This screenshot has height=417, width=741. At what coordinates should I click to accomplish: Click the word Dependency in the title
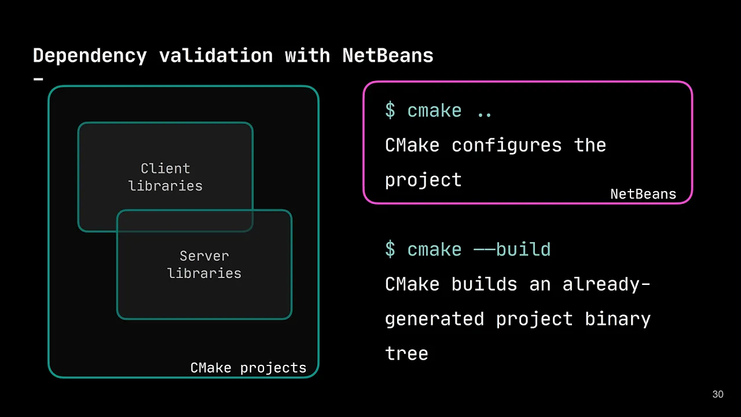pos(90,56)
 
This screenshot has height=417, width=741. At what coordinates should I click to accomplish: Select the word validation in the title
pos(216,56)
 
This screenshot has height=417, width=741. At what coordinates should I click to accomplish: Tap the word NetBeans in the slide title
pos(388,56)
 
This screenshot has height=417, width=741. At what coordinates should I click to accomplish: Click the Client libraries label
pos(166,177)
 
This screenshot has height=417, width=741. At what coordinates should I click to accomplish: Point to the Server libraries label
pos(204,265)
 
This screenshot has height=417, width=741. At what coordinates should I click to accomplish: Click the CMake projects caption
pos(248,368)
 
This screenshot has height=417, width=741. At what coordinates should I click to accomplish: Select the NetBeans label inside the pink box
pos(643,194)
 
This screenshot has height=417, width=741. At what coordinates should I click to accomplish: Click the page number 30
pos(718,394)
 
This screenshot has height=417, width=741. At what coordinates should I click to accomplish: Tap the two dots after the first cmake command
pos(485,111)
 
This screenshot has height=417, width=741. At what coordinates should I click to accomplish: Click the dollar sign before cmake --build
pos(390,250)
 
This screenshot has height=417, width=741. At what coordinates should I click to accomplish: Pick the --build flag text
pos(512,250)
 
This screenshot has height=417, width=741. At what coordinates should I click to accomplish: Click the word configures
pos(507,145)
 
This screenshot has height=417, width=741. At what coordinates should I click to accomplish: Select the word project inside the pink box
pos(423,180)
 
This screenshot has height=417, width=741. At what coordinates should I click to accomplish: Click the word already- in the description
pos(606,284)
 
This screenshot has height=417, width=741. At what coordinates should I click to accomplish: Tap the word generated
pos(434,319)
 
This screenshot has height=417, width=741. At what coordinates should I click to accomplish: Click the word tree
pos(406,354)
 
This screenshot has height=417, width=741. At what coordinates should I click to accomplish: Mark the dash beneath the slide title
pos(39,78)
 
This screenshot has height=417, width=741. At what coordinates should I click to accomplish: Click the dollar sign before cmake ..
pos(390,111)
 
